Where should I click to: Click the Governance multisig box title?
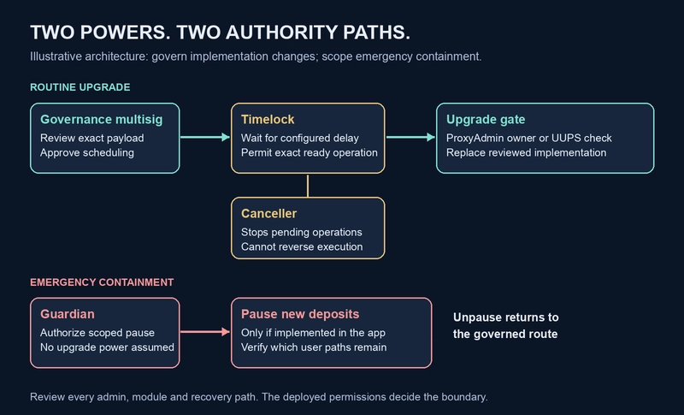[101, 120]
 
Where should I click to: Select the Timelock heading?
[268, 119]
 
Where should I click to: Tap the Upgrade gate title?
[486, 120]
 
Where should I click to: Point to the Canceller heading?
[268, 213]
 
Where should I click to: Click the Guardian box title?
[68, 314]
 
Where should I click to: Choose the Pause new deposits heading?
[300, 314]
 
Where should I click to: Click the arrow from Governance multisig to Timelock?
[205, 137]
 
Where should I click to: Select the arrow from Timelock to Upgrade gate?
[410, 137]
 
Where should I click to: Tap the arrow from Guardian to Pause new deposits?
[205, 332]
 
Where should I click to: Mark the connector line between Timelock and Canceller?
[308, 186]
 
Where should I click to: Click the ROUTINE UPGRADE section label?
[80, 87]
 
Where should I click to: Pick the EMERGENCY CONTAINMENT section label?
[102, 282]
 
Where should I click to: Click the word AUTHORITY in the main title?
[281, 33]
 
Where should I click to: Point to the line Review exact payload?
[92, 138]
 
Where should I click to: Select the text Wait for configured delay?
[300, 138]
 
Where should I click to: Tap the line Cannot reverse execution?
[302, 246]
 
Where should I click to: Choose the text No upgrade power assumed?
[107, 347]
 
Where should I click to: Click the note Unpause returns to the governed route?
[505, 325]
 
